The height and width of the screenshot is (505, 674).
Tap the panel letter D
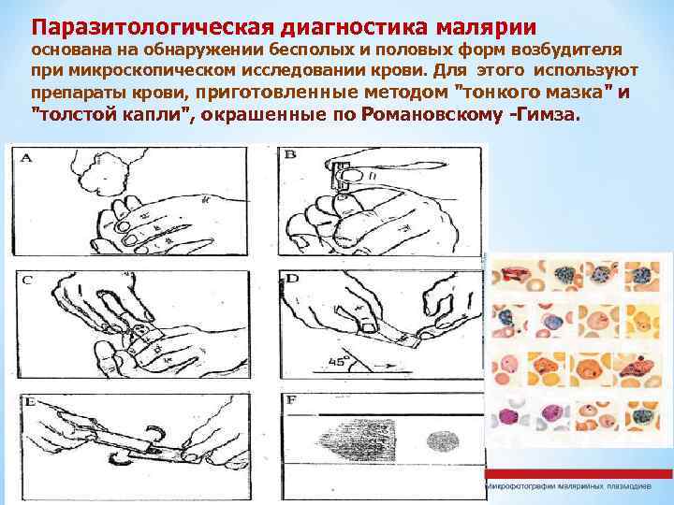click(292, 279)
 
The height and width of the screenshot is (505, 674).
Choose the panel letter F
click(291, 402)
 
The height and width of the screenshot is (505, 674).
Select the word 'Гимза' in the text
click(551, 113)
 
